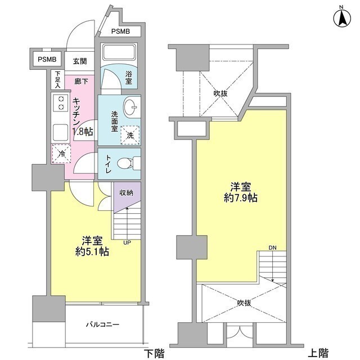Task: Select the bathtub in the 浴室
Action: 118,54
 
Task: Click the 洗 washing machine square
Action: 130,134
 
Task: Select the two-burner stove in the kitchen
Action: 60,103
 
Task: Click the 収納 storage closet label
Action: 126,193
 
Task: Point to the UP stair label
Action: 128,243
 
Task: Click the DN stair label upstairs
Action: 272,247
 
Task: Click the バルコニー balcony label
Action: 103,325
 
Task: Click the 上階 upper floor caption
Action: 318,353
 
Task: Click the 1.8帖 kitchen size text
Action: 83,132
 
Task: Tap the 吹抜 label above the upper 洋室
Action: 220,94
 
